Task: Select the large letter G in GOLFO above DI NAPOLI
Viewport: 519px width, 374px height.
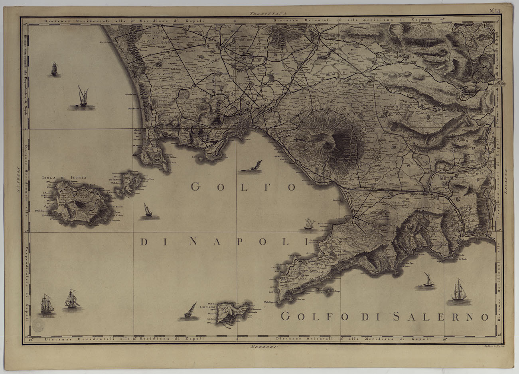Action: click(195, 187)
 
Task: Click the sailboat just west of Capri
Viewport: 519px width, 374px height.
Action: click(190, 311)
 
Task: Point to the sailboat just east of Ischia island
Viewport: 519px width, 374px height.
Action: click(148, 211)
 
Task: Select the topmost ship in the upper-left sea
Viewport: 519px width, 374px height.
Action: click(54, 69)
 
